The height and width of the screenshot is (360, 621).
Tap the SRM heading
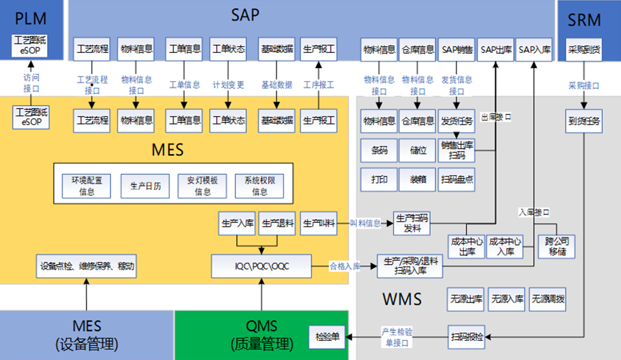[585, 19]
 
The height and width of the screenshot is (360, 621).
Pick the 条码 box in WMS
[379, 150]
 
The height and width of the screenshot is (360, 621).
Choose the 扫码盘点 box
[456, 179]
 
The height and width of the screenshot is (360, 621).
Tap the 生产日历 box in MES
[141, 186]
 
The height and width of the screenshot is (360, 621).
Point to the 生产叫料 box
[319, 224]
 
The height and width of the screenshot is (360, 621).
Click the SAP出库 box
[495, 50]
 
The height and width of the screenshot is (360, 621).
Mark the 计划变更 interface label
[228, 85]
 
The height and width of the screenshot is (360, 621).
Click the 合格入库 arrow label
[345, 267]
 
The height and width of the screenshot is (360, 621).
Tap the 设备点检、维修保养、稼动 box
[87, 266]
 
